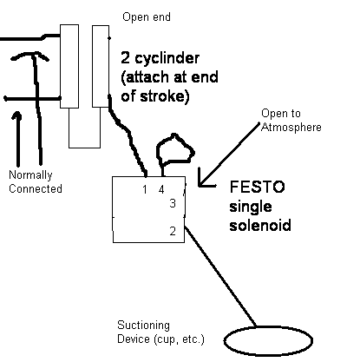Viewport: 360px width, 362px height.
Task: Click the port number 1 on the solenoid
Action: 145,189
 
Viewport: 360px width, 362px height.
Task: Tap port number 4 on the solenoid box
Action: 161,189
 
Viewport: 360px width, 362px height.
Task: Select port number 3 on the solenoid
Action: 173,203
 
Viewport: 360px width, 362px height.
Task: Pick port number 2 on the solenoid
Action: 173,231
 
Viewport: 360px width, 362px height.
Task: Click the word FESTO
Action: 257,187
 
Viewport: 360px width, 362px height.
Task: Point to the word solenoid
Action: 260,225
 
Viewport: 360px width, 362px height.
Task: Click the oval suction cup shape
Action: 268,341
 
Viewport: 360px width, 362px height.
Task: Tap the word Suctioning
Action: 143,326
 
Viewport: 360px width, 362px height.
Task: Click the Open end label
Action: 147,17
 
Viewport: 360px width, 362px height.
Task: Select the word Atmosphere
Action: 291,128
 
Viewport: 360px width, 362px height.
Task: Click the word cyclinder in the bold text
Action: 167,58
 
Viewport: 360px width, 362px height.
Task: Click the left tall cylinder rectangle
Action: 69,67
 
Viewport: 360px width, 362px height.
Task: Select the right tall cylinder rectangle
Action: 101,66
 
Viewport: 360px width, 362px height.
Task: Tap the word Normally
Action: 30,175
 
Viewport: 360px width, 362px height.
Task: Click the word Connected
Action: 36,188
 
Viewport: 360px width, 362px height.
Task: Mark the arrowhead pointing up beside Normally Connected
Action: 17,115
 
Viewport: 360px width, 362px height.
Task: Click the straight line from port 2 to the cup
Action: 220,276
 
